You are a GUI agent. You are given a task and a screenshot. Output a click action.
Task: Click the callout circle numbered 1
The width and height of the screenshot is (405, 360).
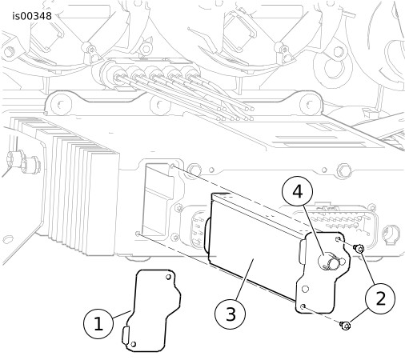click(x=98, y=323)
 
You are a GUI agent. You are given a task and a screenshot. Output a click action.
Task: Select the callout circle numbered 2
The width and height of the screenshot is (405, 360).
click(x=380, y=298)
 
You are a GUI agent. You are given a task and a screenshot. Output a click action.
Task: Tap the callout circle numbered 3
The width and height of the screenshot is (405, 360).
click(x=231, y=314)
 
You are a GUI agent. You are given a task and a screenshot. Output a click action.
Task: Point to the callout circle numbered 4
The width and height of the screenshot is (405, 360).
click(x=298, y=191)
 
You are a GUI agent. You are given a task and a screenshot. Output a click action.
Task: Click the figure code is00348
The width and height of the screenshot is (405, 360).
click(x=32, y=16)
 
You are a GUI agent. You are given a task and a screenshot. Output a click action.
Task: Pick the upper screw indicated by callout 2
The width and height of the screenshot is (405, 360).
click(x=359, y=249)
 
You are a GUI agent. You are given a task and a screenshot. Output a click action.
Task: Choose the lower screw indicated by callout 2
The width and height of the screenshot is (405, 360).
click(x=345, y=326)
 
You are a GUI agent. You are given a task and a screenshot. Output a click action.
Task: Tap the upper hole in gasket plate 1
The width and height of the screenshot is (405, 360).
click(x=168, y=277)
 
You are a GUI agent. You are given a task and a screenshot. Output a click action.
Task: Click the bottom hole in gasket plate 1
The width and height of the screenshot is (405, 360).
click(x=134, y=344)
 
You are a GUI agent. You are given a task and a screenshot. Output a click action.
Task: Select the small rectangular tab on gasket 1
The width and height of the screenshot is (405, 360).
click(x=125, y=334)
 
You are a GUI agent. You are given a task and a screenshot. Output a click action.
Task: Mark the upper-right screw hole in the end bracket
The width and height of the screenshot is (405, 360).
click(x=338, y=239)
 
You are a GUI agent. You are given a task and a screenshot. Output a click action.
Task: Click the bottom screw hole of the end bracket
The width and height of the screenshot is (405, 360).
click(x=303, y=306)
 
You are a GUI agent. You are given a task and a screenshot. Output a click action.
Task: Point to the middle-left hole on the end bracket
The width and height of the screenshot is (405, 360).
click(x=306, y=289)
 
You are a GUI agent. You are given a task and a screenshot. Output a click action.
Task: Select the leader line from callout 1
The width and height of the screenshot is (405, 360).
click(x=122, y=314)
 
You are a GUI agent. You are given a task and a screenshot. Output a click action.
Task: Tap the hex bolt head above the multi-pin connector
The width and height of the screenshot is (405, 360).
click(x=343, y=170)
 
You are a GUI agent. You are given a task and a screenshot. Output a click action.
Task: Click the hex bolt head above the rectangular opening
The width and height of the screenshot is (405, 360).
click(x=194, y=170)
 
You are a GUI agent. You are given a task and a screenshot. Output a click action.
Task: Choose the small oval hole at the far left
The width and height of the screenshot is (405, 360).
click(x=8, y=238)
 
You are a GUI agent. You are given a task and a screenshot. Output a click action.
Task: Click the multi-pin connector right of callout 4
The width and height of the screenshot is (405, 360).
click(x=335, y=222)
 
